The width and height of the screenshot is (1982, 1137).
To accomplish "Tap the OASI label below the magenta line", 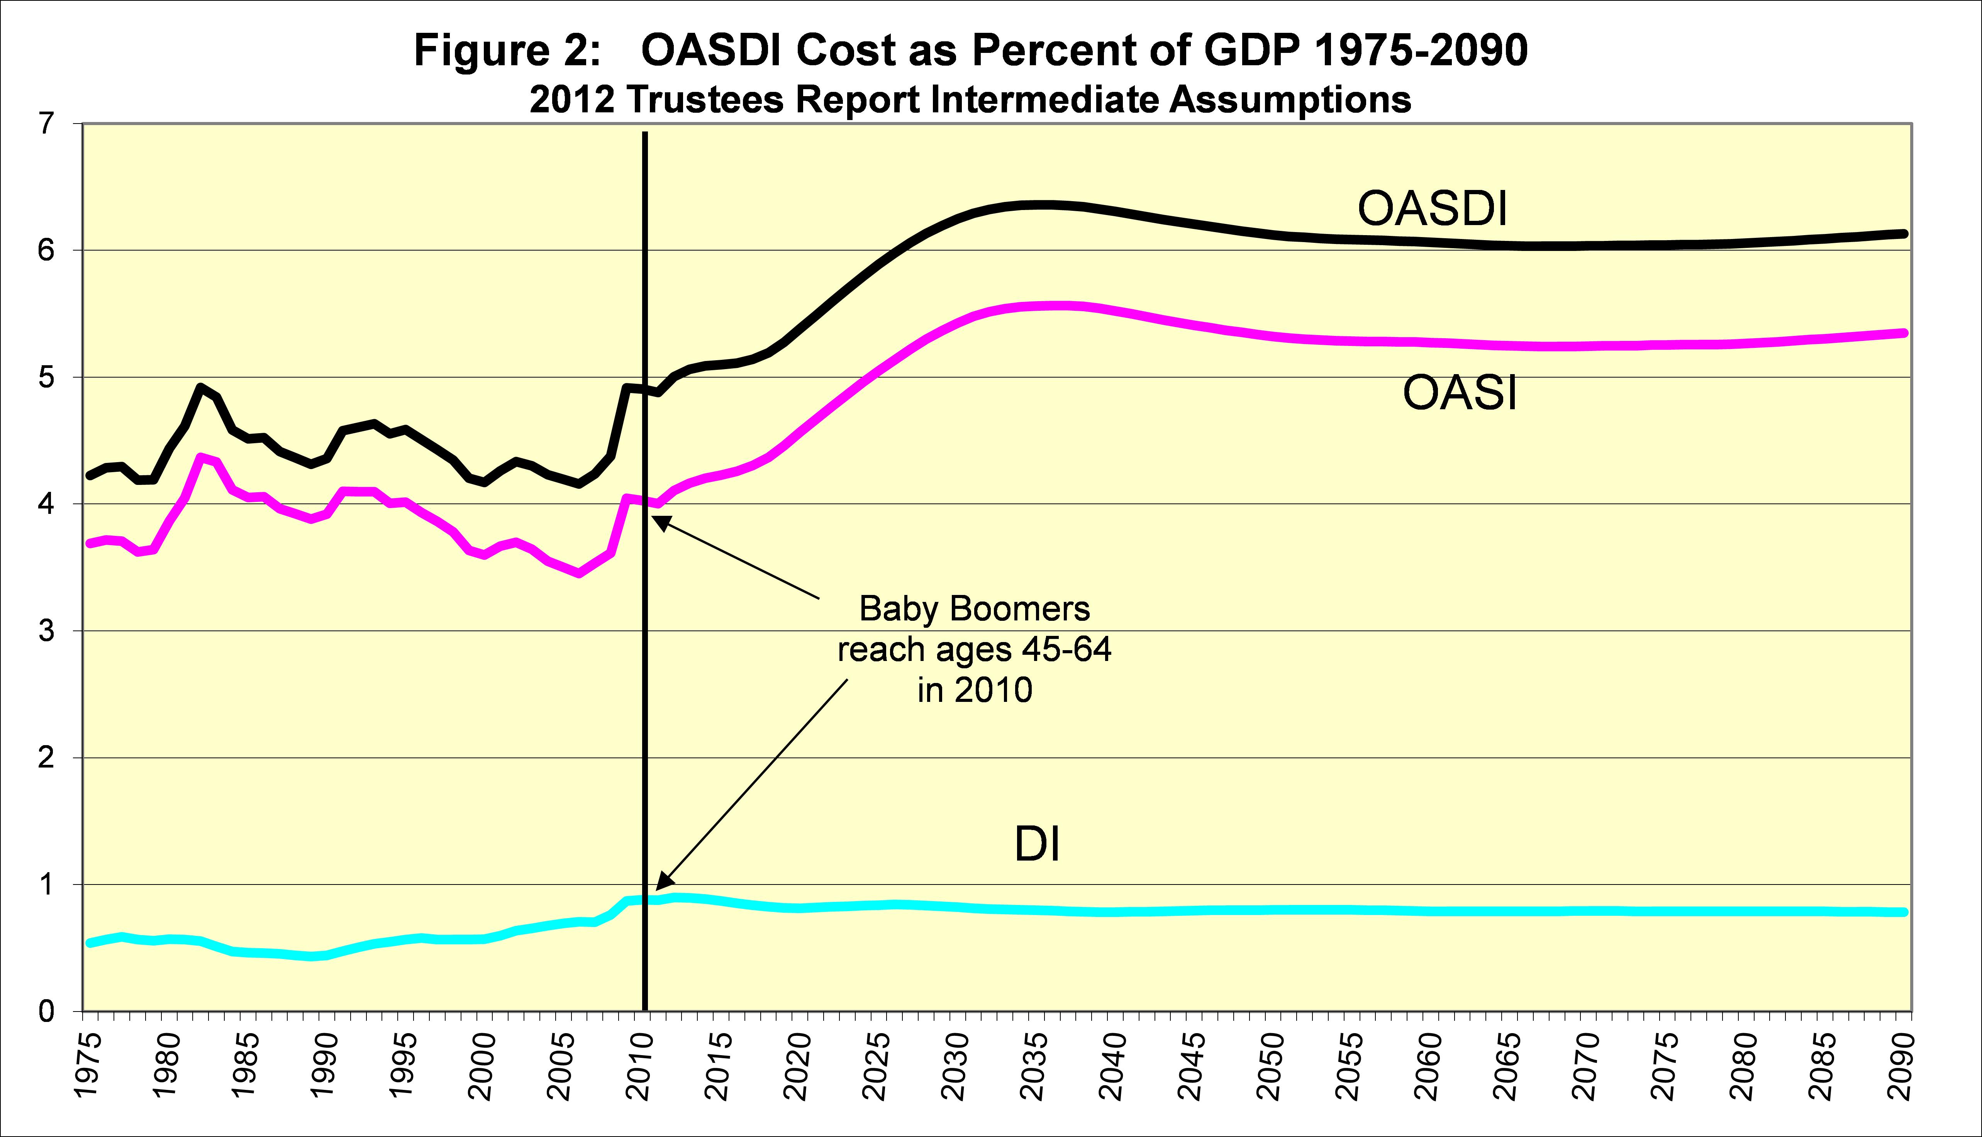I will (x=1460, y=393).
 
